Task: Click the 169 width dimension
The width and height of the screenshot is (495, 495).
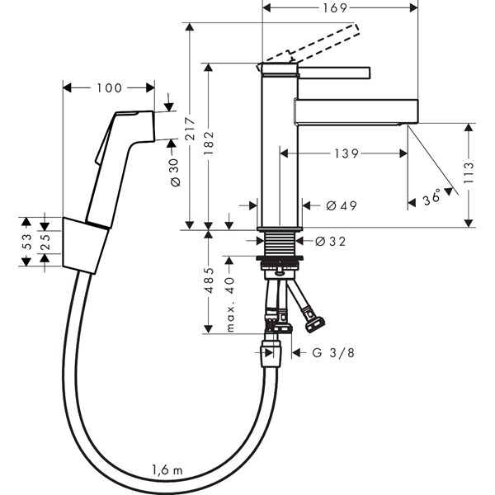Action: [341, 9]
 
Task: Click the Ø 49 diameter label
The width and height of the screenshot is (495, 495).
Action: [337, 206]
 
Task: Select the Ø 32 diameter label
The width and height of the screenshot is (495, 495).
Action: [331, 242]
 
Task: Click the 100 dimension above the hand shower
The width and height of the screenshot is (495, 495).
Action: [108, 87]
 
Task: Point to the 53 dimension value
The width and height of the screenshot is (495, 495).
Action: [25, 242]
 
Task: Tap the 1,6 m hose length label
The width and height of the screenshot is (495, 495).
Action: [167, 471]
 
